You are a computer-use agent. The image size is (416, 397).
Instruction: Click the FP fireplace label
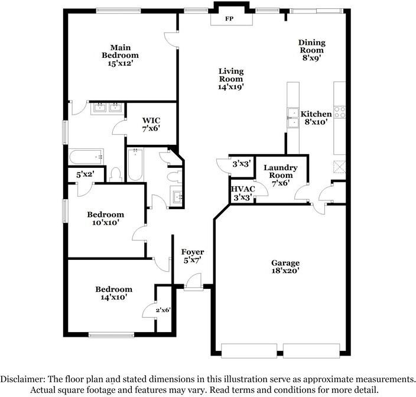click(x=229, y=19)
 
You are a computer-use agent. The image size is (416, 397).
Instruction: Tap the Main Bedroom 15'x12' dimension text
click(x=120, y=63)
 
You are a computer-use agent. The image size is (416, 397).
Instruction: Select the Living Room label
click(x=231, y=75)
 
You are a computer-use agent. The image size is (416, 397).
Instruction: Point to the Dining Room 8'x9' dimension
click(x=312, y=58)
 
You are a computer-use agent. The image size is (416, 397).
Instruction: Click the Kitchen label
click(x=316, y=114)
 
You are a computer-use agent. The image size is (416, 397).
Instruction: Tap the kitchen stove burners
click(x=340, y=112)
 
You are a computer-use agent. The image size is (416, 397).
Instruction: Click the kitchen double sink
click(x=293, y=118)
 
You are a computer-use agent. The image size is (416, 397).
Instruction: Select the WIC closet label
click(x=151, y=121)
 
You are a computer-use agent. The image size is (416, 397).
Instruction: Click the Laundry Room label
click(x=281, y=171)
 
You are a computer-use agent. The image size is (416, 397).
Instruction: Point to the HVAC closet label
click(x=243, y=189)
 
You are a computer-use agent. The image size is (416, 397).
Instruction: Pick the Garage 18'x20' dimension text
click(x=285, y=271)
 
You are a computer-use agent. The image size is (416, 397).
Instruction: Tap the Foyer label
click(x=193, y=252)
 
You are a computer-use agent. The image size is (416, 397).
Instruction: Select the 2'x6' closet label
click(x=163, y=310)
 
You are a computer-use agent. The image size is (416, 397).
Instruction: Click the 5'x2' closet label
click(x=85, y=174)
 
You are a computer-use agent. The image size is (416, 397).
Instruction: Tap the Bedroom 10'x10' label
click(x=105, y=218)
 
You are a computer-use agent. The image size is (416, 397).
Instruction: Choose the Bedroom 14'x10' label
click(x=114, y=293)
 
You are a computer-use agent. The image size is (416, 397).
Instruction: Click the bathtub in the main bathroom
click(x=86, y=157)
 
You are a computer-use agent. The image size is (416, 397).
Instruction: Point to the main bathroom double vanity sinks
click(x=108, y=108)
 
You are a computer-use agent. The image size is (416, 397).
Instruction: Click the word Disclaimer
click(x=22, y=379)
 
